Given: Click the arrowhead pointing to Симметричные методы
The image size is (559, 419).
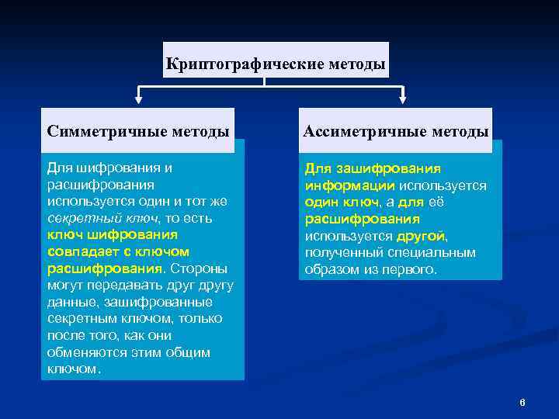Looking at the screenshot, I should (138, 99).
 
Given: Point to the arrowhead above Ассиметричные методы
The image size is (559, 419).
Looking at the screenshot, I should (402, 99).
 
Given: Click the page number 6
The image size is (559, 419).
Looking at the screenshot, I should (523, 402).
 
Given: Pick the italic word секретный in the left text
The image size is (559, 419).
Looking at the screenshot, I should (76, 218).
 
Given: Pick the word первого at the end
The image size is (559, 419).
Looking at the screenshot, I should (412, 270).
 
